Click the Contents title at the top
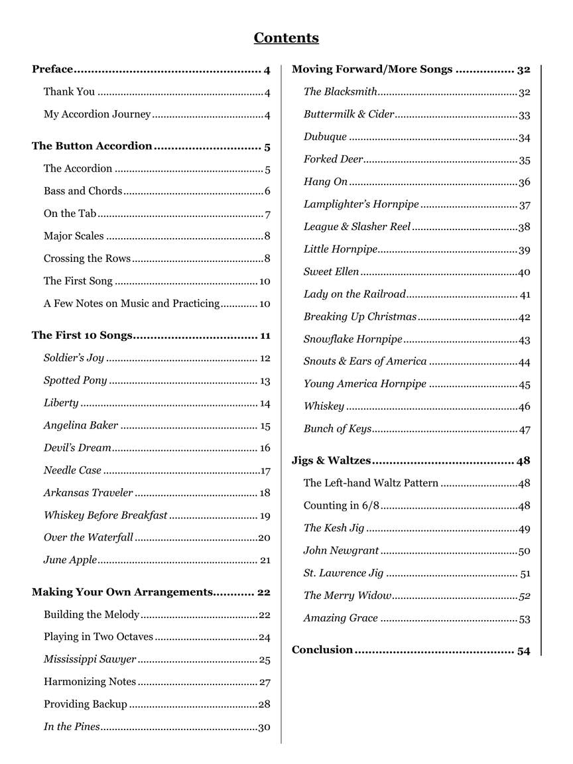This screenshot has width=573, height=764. pos(286,38)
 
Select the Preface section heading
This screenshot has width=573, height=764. pos(52,70)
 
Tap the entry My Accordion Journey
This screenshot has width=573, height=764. pos(97,115)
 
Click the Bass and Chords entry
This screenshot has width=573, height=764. pos(83,191)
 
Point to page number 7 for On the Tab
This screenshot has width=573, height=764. pos(267,214)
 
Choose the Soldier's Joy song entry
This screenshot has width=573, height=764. pos(74,358)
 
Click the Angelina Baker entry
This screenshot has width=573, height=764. pos(81,426)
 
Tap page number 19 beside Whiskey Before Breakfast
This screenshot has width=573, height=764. pos(265,516)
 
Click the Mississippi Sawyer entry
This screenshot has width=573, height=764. pos(90,660)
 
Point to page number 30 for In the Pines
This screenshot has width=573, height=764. pos(264,728)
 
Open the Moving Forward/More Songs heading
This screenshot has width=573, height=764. pos(372,70)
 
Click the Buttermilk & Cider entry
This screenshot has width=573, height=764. pos(349,115)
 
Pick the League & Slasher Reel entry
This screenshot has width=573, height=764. pos(357,227)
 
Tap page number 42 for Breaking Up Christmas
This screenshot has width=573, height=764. pos(524,318)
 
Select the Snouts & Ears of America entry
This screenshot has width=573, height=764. pos(365,361)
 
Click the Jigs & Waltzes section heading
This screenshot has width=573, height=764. pos(331,461)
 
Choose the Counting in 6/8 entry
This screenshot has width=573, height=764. pos(342,506)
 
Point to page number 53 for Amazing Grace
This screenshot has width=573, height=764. pos(524,619)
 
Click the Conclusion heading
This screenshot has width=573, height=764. pos(322,650)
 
